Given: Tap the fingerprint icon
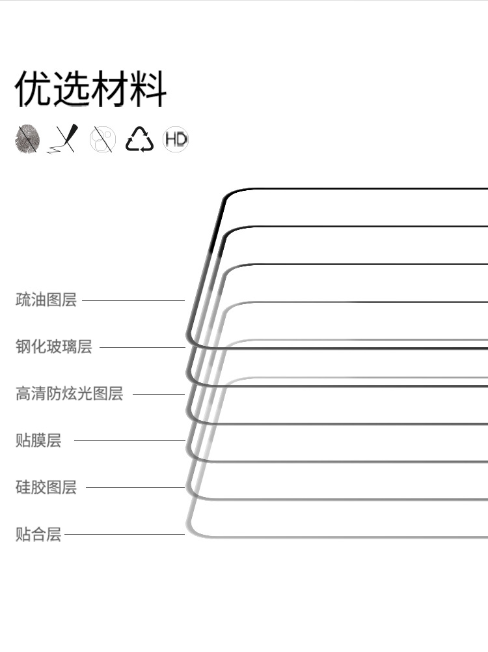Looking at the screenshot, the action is click(28, 139).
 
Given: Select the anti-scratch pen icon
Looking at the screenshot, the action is click(63, 139).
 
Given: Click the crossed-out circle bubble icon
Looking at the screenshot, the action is click(102, 139).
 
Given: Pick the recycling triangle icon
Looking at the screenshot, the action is click(139, 139).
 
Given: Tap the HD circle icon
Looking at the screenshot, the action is click(176, 139).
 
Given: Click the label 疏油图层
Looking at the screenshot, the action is click(46, 300).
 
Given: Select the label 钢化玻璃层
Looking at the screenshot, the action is click(54, 347).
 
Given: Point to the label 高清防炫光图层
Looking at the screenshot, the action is click(70, 393).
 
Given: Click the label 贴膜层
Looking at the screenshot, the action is click(38, 440).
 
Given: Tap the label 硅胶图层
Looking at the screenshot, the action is click(46, 487).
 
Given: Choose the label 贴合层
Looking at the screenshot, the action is click(38, 535).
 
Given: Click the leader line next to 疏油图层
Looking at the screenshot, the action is click(133, 300).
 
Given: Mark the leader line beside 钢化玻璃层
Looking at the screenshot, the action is click(142, 347).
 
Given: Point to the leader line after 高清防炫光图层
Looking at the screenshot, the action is click(158, 394).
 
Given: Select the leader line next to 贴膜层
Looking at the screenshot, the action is click(129, 440).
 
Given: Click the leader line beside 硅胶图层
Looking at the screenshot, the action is click(135, 487).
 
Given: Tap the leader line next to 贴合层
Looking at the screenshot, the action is click(124, 535).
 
